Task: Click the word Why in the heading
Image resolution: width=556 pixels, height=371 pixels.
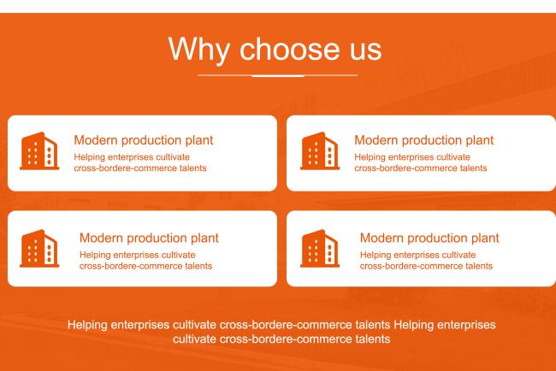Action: click(199, 50)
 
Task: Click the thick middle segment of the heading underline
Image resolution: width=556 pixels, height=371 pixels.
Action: click(278, 75)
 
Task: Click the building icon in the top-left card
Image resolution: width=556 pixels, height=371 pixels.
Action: click(39, 151)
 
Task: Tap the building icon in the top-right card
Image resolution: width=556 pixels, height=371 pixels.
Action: click(320, 151)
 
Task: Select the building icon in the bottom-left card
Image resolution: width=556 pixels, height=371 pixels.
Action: click(39, 249)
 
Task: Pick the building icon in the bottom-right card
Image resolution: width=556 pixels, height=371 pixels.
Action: click(320, 249)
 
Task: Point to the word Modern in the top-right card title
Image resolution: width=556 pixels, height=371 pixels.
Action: click(376, 140)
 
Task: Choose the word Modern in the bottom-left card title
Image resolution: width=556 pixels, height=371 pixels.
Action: click(102, 238)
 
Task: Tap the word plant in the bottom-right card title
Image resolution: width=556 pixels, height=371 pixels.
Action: click(485, 238)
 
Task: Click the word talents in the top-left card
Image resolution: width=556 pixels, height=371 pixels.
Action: click(193, 168)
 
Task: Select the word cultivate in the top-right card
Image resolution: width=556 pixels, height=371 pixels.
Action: click(453, 157)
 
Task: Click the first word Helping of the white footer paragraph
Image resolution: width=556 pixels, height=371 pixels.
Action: click(87, 326)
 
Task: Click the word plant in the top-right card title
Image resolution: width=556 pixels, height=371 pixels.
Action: click(480, 141)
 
